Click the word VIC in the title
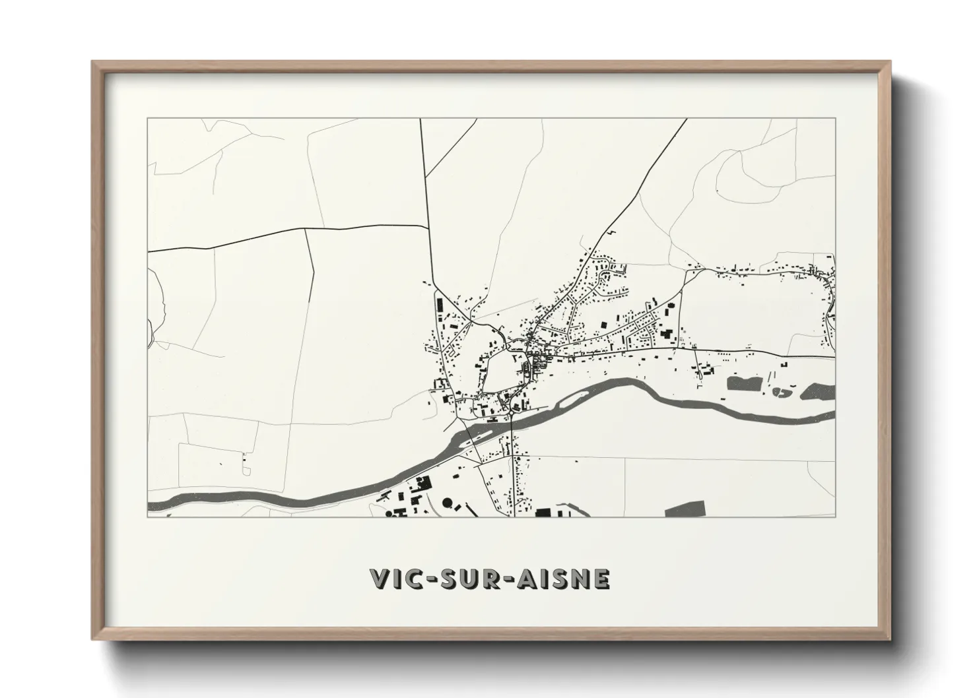pyautogui.click(x=395, y=579)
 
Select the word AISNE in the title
pyautogui.click(x=562, y=579)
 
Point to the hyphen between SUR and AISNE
pyautogui.click(x=508, y=580)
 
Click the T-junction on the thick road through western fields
pyautogui.click(x=306, y=230)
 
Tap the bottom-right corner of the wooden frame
pyautogui.click(x=890, y=639)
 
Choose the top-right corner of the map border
pyautogui.click(x=835, y=119)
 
